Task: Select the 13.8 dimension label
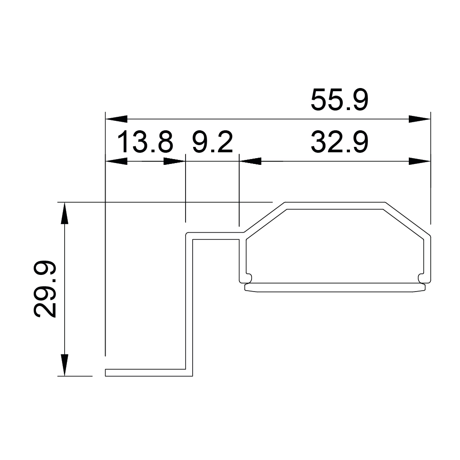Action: click(x=145, y=142)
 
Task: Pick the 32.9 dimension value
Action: click(x=340, y=142)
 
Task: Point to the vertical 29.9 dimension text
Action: click(x=45, y=289)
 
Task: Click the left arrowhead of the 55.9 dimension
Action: click(x=115, y=119)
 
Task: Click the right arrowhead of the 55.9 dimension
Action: click(x=420, y=119)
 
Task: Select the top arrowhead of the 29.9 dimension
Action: click(x=65, y=213)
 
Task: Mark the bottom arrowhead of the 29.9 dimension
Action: click(x=65, y=365)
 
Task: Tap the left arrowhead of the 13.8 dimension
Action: click(x=115, y=161)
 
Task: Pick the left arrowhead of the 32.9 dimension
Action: click(x=250, y=161)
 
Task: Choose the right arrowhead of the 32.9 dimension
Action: click(x=420, y=161)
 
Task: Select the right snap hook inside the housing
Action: click(x=422, y=277)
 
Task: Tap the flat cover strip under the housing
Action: click(x=335, y=287)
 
